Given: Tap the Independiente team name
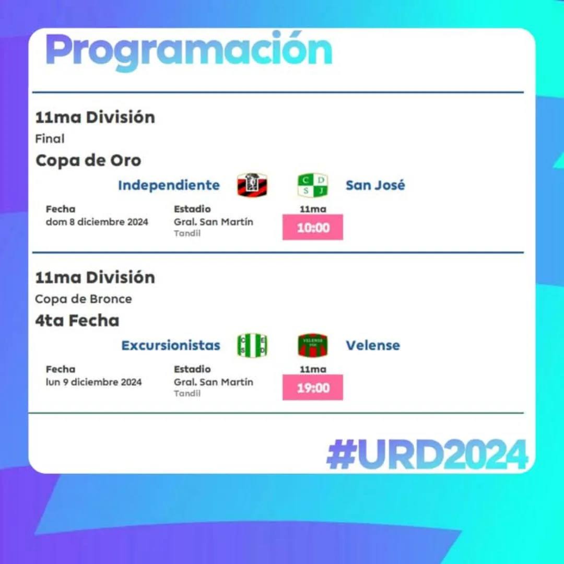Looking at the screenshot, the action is [x=169, y=185].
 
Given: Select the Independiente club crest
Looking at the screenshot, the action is [x=252, y=185].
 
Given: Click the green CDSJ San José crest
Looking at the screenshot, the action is [x=313, y=185].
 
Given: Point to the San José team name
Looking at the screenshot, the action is [x=375, y=185].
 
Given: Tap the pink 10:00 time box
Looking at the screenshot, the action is [x=313, y=227].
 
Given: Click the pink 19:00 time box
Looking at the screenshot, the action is [x=313, y=387].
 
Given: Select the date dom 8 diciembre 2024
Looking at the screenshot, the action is [x=97, y=222].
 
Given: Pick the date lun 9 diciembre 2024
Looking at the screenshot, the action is [x=93, y=382].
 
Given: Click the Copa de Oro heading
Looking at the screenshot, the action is [x=88, y=160].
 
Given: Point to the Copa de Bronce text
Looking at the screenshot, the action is [x=84, y=299].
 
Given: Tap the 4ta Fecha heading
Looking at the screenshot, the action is [x=77, y=320].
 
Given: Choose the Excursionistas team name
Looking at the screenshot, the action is [x=170, y=345].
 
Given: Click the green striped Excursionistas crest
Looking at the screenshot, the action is [x=252, y=345].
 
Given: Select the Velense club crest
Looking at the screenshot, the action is [x=313, y=345].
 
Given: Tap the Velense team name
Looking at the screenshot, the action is [x=373, y=345].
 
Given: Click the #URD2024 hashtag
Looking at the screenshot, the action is [x=427, y=454].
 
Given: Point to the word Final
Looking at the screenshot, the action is [x=50, y=138].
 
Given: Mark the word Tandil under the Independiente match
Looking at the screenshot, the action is [x=187, y=233].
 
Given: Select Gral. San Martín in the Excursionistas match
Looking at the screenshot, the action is [x=213, y=382].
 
